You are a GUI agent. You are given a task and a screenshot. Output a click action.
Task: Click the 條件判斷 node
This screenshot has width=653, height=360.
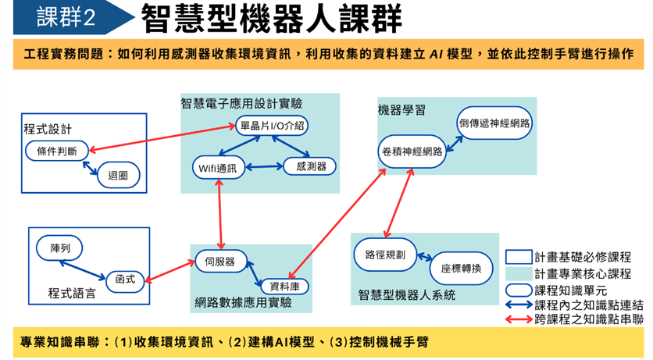pos(56,151)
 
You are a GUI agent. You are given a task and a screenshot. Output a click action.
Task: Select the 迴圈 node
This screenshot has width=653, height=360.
pos(118,175)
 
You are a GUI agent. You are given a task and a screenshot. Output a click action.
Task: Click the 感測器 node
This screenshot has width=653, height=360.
pos(310,166)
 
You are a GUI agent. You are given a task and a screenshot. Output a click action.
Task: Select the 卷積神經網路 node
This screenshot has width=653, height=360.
pos(412,151)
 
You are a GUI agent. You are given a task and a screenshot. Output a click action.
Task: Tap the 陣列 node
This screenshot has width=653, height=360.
pos(60,248)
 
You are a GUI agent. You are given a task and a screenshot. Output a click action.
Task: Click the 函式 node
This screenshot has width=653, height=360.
pos(125,279)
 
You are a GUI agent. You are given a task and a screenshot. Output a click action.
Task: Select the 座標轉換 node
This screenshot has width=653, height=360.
pos(461,268)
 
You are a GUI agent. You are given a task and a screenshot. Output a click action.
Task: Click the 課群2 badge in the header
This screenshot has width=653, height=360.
pos(66,18)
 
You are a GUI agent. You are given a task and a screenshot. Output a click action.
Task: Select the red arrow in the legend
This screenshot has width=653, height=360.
pos(519,319)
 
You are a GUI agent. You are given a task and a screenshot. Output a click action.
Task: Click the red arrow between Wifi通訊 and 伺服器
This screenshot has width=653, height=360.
pos(221,215)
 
